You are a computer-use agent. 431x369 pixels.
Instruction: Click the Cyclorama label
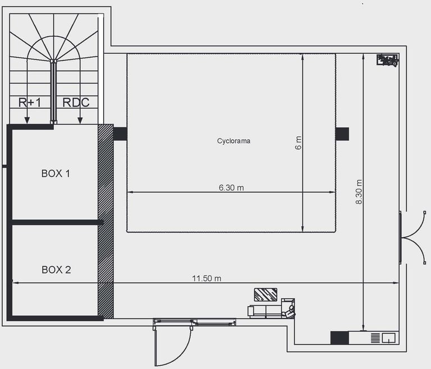233,141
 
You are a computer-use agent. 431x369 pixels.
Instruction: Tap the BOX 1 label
56,174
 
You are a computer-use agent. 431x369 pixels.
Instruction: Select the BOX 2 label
56,270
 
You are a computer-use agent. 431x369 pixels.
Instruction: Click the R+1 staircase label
30,103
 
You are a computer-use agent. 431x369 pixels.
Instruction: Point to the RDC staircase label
76,103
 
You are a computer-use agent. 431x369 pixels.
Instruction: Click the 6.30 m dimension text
231,188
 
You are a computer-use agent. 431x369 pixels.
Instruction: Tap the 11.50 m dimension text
207,279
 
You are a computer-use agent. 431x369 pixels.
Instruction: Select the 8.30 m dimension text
359,192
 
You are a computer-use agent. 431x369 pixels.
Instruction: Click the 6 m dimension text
298,143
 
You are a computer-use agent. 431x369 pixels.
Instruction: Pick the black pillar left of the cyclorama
120,134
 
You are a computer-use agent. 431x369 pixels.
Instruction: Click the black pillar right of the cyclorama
342,134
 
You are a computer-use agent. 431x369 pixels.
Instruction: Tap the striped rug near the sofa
265,294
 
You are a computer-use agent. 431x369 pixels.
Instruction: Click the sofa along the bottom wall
271,309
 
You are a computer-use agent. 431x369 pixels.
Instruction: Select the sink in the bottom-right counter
389,338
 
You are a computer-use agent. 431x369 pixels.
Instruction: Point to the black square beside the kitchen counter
340,338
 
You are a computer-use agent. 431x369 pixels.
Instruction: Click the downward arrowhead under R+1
27,121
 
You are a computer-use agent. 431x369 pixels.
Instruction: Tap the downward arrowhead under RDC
80,121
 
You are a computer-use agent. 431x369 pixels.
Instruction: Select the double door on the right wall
412,238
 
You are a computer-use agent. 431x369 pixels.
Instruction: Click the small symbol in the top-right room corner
387,60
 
